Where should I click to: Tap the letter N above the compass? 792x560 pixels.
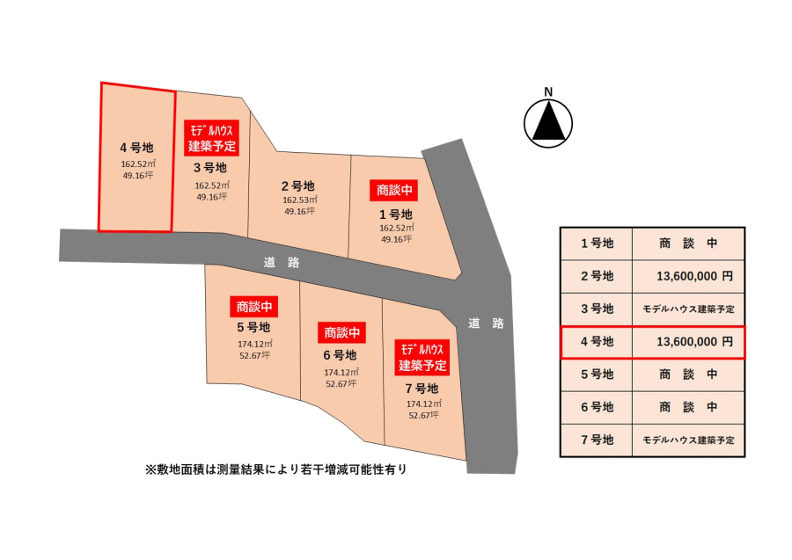(548, 91)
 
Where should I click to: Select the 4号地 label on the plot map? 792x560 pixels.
(136, 148)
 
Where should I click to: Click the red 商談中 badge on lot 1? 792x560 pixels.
(394, 190)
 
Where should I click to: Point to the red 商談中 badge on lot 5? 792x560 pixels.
(254, 306)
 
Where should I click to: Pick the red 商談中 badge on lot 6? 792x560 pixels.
(342, 333)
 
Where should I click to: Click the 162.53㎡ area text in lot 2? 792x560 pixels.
(299, 200)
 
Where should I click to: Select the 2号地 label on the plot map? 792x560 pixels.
(298, 186)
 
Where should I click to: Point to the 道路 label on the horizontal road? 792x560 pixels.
(282, 262)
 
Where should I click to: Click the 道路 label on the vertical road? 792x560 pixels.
(486, 324)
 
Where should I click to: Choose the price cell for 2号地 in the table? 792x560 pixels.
(688, 276)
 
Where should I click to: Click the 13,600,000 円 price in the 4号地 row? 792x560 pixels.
(694, 342)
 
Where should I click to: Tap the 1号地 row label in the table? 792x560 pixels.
(597, 244)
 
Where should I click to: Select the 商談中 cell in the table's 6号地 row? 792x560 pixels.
(688, 407)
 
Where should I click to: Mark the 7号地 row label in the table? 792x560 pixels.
(597, 440)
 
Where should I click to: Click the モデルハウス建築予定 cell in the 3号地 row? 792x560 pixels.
(688, 309)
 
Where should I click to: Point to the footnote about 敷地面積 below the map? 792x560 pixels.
(275, 469)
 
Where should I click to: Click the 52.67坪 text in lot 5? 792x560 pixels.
(254, 355)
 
